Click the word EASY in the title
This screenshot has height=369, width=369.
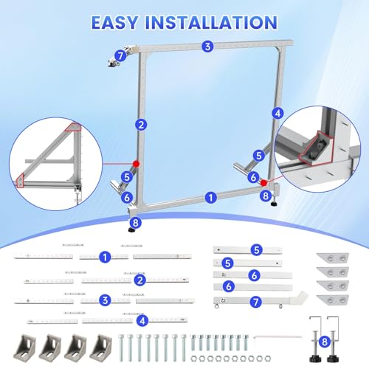click(114, 23)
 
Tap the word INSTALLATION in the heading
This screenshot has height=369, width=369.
click(211, 23)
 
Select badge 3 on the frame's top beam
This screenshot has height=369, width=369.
click(207, 46)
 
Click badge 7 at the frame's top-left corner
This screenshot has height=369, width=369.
click(120, 56)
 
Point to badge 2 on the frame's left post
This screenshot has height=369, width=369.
click(141, 125)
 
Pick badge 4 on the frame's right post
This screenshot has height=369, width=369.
click(277, 114)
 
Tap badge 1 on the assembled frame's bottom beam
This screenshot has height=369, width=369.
click(210, 198)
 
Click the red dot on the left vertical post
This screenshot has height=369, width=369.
click(136, 164)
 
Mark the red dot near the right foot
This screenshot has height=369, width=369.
click(264, 183)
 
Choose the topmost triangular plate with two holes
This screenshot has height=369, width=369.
click(333, 258)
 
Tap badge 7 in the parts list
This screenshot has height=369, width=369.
click(255, 302)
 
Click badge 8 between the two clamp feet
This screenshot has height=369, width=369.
click(325, 342)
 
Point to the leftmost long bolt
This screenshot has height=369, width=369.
click(121, 348)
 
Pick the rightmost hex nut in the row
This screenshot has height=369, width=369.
click(267, 359)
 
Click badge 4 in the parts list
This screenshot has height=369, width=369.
click(142, 320)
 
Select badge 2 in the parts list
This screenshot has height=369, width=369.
click(140, 280)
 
